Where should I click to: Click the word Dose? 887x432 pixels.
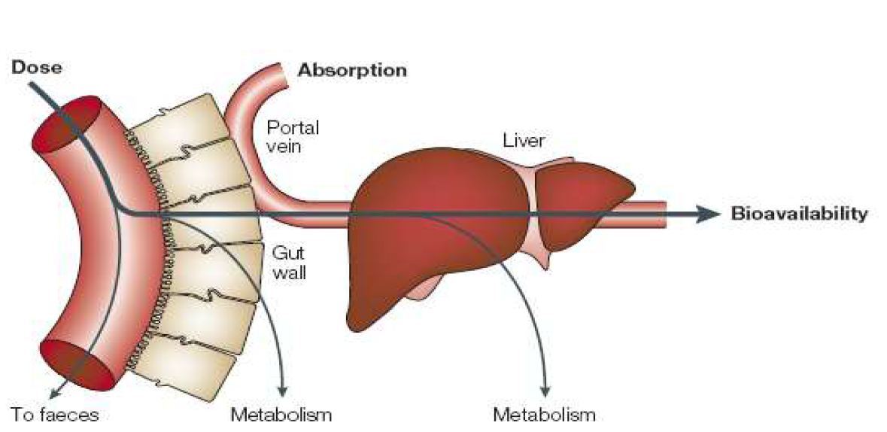(37, 68)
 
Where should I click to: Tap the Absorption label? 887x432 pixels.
(352, 71)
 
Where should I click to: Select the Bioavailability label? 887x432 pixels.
(799, 214)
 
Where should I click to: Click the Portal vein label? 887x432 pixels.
(284, 137)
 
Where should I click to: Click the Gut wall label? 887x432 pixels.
(288, 263)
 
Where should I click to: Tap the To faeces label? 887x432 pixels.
(54, 413)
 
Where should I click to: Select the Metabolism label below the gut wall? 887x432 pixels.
(281, 413)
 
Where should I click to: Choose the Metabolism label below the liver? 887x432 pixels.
(544, 413)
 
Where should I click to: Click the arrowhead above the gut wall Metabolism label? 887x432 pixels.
(283, 388)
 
